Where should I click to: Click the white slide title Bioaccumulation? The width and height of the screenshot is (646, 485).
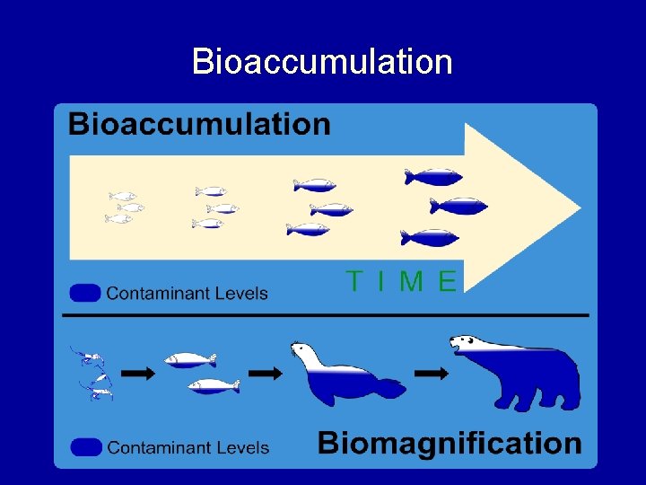[322, 62]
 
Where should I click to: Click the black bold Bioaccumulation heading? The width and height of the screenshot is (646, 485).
[199, 124]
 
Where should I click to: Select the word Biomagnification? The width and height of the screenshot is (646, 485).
[450, 443]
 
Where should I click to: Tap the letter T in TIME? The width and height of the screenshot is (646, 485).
[355, 282]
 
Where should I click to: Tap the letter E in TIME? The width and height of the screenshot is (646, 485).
[447, 282]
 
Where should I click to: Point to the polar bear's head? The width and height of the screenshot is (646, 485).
[468, 344]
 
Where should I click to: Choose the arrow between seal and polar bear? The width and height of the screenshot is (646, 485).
[432, 373]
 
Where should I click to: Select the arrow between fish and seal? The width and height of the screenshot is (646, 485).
[265, 372]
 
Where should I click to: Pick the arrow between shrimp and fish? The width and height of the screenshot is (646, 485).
[137, 374]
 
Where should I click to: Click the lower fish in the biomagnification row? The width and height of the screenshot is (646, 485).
[214, 385]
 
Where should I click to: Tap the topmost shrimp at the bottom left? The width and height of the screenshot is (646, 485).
[88, 357]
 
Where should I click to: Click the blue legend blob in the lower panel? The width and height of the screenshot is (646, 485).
[86, 446]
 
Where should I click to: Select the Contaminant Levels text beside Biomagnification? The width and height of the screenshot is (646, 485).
[188, 446]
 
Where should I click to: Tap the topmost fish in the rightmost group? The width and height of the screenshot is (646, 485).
[433, 177]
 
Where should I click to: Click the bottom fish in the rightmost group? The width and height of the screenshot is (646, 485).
[430, 238]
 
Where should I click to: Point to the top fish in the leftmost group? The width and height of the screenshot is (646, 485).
[123, 196]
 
